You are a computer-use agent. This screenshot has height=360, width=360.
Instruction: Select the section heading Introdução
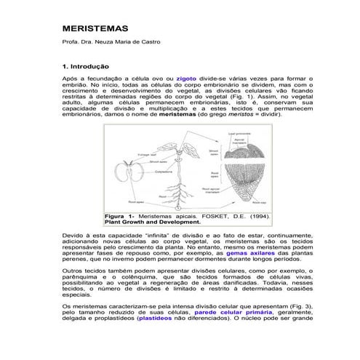[95, 66]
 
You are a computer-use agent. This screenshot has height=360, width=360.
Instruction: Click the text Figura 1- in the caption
[121, 217]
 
